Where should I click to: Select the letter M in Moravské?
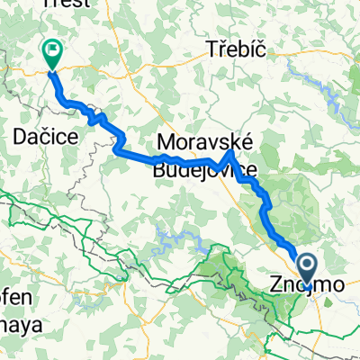click(166, 141)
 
